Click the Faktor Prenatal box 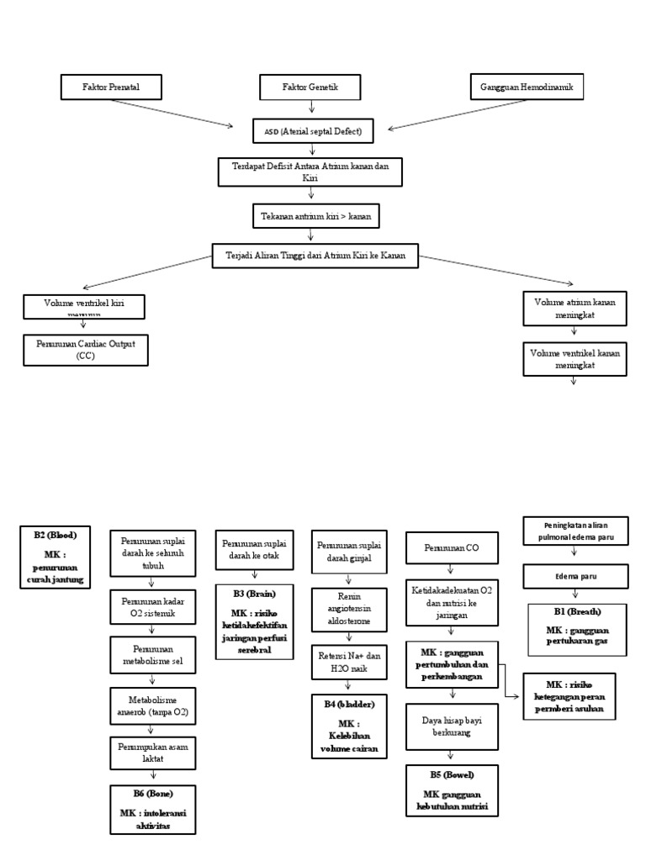point(110,87)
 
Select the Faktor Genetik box point(310,87)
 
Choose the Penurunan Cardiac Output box point(86,350)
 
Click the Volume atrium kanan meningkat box point(575,309)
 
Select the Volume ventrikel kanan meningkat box point(575,359)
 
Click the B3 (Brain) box point(255,621)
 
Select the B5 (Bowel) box point(452,790)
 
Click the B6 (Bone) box point(152,809)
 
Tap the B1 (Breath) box point(576,629)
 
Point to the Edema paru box point(576,577)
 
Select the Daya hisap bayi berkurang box point(453,726)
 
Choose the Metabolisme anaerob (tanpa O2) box point(152,706)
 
